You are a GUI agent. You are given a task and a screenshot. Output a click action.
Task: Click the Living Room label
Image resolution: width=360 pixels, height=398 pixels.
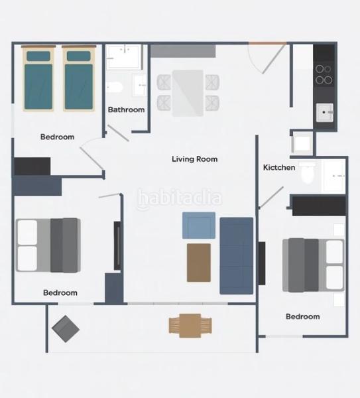[194, 159]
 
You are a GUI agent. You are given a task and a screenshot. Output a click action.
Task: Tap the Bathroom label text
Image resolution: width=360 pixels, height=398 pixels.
[126, 110]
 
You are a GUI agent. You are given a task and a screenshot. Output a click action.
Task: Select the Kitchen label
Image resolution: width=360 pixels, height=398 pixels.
[279, 168]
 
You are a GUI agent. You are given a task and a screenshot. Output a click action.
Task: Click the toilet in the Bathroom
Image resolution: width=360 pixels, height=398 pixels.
[115, 88]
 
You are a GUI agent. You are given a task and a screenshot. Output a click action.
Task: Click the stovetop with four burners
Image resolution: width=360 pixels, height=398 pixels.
[324, 74]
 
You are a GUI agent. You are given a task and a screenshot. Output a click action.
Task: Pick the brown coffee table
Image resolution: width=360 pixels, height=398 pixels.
[199, 261]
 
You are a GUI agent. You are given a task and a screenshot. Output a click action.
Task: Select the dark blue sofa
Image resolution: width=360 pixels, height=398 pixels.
[236, 255]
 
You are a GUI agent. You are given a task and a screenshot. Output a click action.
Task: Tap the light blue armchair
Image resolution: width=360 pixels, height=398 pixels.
[199, 226]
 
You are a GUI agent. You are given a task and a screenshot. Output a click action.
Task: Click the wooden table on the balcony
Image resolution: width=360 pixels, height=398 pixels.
[190, 324]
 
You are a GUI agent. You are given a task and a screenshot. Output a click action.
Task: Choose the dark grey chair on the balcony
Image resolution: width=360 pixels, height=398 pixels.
[66, 328]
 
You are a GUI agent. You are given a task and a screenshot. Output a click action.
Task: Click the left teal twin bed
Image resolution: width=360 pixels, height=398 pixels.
[38, 79]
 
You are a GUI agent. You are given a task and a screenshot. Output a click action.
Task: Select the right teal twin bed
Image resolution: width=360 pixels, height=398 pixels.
[78, 79]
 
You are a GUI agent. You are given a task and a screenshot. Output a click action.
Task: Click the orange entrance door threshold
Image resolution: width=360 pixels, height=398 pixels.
[268, 43]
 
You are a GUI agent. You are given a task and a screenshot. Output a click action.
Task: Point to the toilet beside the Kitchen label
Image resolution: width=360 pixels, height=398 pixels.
[307, 174]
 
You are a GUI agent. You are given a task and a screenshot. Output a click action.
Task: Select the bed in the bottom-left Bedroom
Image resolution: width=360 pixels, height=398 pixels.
[48, 245]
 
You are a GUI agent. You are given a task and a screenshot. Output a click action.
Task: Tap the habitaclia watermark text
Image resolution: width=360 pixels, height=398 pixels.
[179, 198]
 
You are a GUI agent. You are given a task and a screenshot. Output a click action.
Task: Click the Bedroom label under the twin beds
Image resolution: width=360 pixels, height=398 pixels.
[57, 137]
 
